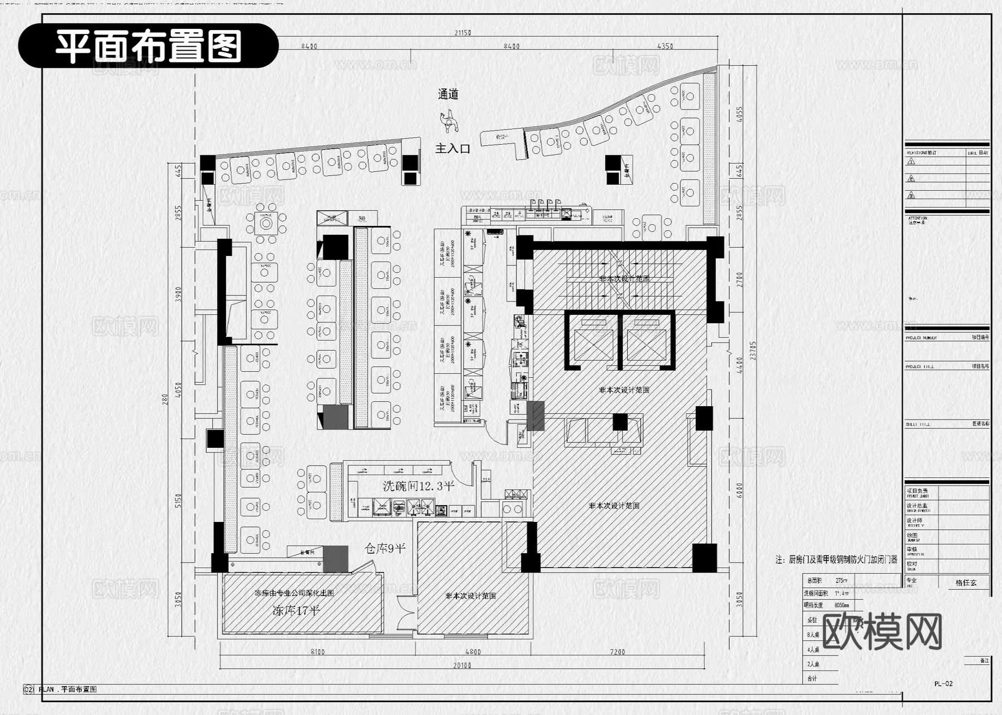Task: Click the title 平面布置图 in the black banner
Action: click(148, 46)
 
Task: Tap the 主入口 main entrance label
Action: click(453, 149)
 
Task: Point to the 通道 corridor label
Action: click(448, 94)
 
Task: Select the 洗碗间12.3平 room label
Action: click(418, 486)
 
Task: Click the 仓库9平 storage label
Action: click(385, 548)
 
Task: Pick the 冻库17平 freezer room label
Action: click(296, 610)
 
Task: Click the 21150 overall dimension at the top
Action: click(463, 33)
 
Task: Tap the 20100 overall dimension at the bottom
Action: click(462, 665)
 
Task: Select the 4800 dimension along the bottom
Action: click(473, 652)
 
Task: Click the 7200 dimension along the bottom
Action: click(617, 652)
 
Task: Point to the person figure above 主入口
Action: click(449, 121)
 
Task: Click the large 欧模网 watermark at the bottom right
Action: click(882, 633)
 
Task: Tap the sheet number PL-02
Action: click(944, 684)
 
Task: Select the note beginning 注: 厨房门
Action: click(836, 560)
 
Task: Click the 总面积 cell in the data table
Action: click(814, 580)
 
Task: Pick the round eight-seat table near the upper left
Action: click(266, 224)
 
